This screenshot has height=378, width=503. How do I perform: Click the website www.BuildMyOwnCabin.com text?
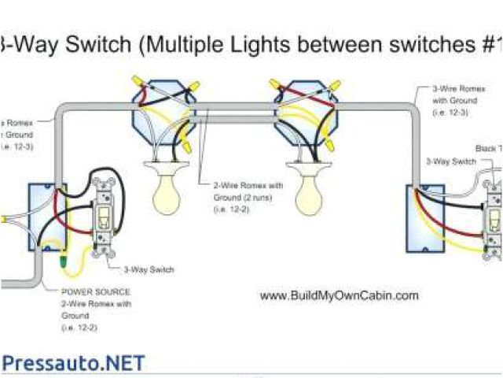(x=339, y=296)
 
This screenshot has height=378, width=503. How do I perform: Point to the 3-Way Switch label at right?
(x=450, y=161)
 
